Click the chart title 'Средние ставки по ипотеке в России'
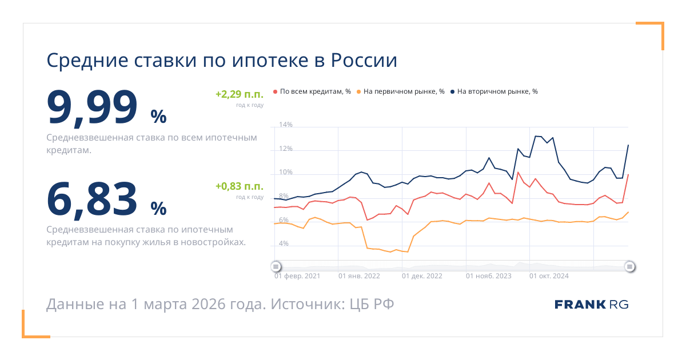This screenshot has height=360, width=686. coord(221,61)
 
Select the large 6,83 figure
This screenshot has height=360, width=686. coord(92,198)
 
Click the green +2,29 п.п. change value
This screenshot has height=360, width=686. coord(239,94)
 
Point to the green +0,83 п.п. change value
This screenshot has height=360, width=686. coord(239,186)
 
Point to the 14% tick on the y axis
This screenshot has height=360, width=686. coord(285,125)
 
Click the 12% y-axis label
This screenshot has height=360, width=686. coord(285,149)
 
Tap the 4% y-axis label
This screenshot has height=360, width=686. coord(284,244)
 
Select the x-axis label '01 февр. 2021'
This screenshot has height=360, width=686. coord(297,276)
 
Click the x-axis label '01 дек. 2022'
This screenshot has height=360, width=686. coord(422,276)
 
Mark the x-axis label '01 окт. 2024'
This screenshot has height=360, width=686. coord(549,276)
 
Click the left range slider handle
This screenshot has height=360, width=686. coord(276,266)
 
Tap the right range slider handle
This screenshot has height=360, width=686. coord(629,266)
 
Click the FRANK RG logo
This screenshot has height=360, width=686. coord(591,305)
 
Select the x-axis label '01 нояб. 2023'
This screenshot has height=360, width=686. coord(489,276)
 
